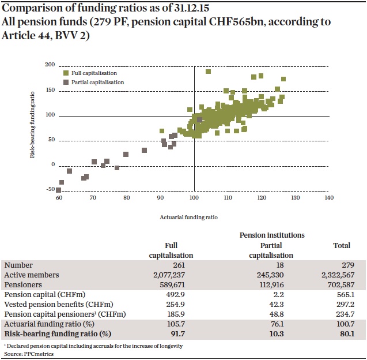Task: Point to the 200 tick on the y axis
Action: [50, 65]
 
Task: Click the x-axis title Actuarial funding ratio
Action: [188, 217]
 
